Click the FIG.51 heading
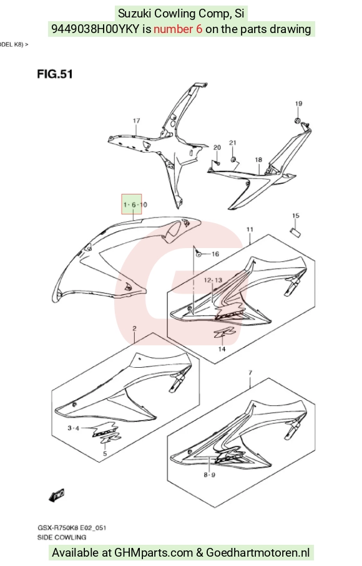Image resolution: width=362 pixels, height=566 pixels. (55, 74)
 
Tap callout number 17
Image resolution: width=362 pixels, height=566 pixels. (136, 120)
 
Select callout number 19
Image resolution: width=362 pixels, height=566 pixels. (298, 103)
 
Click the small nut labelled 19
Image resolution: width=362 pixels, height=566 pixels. (298, 120)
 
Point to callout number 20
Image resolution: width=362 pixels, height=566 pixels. (217, 147)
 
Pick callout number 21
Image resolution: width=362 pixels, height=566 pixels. (233, 143)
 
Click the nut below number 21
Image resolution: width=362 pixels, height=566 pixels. (233, 159)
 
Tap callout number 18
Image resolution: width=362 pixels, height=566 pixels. (258, 160)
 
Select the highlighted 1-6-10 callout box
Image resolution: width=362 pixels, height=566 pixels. (132, 204)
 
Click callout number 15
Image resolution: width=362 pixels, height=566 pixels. (295, 216)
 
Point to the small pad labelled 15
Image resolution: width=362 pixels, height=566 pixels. (295, 232)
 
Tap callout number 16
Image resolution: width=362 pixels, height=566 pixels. (215, 254)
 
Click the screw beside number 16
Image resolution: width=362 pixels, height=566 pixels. (198, 254)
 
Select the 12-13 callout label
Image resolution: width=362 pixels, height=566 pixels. (213, 280)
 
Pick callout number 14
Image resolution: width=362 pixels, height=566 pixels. (222, 349)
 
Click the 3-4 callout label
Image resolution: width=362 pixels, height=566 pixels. (74, 428)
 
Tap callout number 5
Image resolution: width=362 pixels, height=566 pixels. (105, 453)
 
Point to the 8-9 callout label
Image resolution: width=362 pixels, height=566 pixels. (210, 474)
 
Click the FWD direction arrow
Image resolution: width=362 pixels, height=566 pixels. (57, 495)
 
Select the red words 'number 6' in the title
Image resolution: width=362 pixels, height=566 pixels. (178, 29)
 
